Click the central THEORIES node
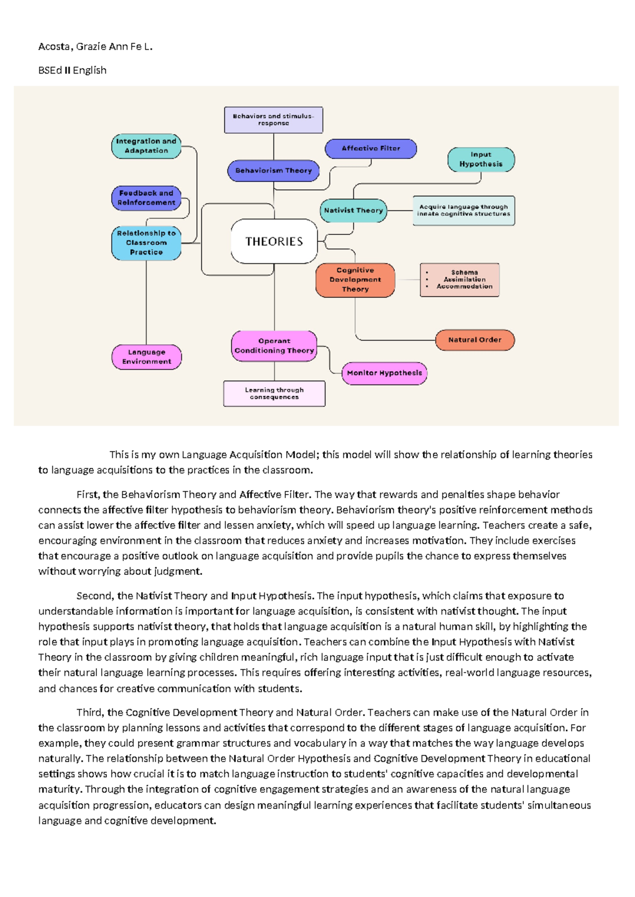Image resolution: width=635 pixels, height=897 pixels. point(274,241)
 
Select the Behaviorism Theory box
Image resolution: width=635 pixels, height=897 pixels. point(274,170)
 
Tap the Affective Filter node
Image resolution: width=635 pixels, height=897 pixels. point(370,149)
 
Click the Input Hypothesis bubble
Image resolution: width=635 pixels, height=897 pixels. point(480,159)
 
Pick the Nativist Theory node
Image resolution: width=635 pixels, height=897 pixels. point(353,210)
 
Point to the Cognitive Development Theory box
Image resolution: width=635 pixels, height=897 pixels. point(355,280)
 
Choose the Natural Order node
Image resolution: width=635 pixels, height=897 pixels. point(474,340)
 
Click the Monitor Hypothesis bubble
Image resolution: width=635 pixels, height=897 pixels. point(384,373)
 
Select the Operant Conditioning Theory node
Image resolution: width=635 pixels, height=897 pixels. point(274,346)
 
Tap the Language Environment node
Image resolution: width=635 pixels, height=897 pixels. point(147,357)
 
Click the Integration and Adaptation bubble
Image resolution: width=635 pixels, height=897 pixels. point(146,146)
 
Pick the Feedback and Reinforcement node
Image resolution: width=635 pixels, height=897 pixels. point(146,198)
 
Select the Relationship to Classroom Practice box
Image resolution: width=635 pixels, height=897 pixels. point(146,243)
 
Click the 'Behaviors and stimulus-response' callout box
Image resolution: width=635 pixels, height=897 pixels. point(273,120)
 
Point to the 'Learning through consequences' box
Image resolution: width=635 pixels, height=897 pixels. point(274,393)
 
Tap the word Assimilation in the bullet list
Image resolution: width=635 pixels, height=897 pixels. point(464,279)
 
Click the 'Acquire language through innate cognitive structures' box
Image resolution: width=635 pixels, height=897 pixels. point(463,210)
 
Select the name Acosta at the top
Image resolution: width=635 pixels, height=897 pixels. point(54,47)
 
